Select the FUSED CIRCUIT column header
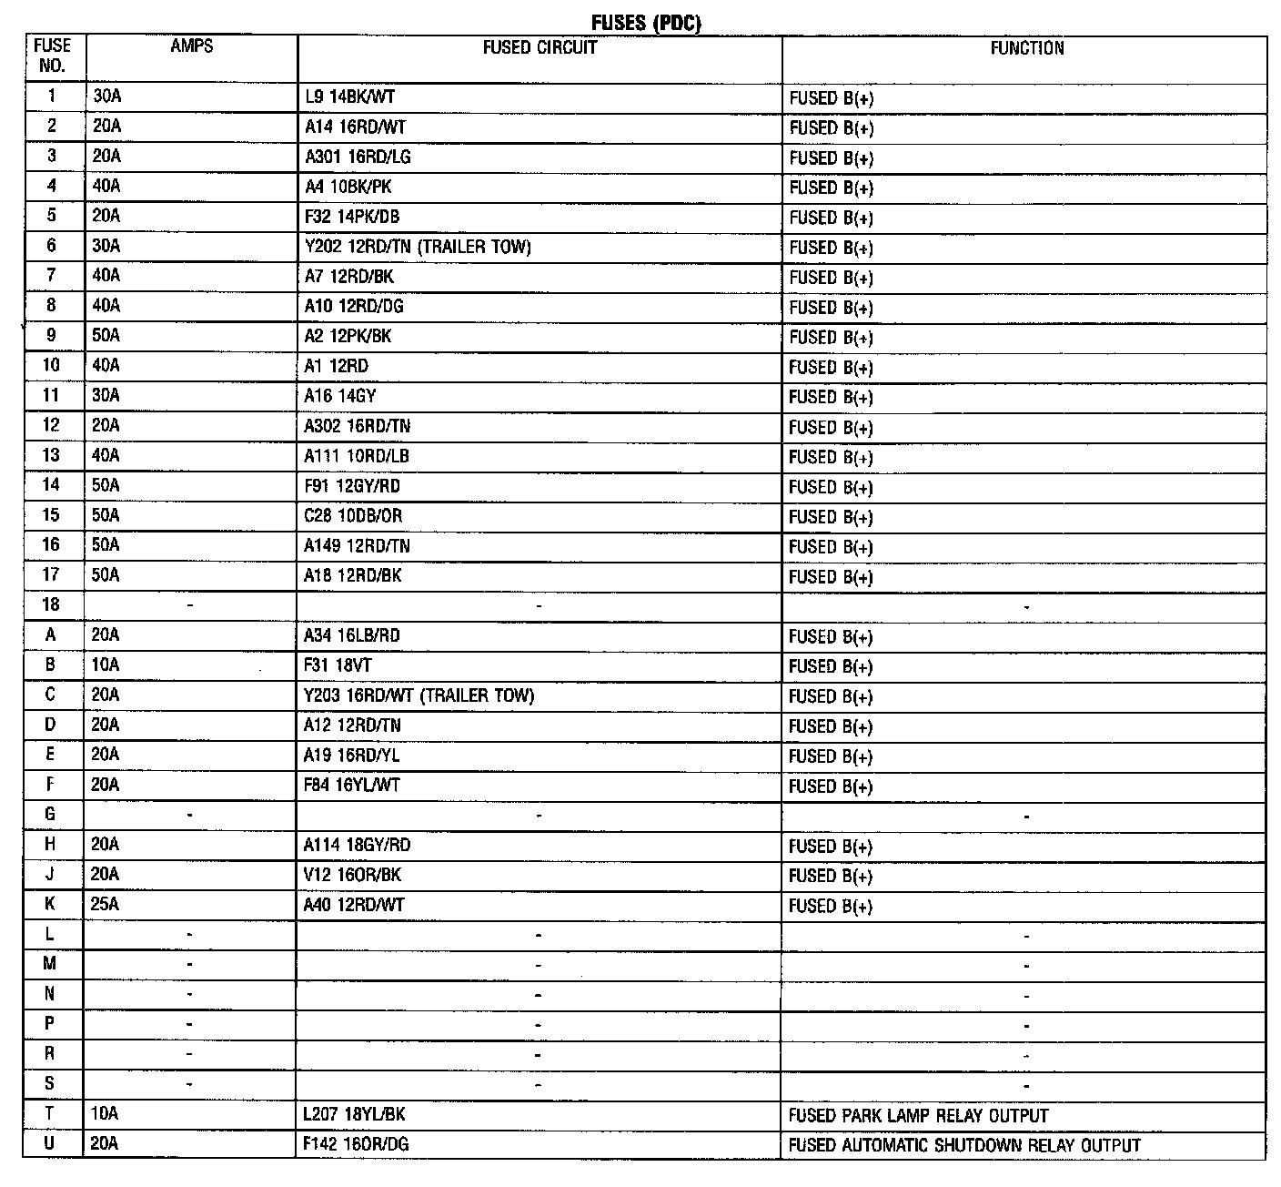click(540, 48)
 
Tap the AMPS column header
click(191, 46)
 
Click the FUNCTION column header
click(1026, 48)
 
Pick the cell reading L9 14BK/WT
click(350, 97)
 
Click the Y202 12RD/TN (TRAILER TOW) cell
click(418, 247)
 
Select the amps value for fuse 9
click(106, 336)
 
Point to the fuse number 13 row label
click(51, 455)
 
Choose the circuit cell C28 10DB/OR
click(354, 516)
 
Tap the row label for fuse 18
click(51, 604)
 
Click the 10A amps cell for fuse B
click(106, 665)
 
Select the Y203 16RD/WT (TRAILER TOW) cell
click(419, 695)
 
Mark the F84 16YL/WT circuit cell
click(352, 785)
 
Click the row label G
click(51, 815)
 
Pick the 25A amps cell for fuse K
click(106, 905)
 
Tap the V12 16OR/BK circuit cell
click(353, 875)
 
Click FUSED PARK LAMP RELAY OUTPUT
click(918, 1115)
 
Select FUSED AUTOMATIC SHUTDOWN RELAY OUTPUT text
click(964, 1145)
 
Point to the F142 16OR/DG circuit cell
click(357, 1144)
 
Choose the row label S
click(51, 1084)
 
